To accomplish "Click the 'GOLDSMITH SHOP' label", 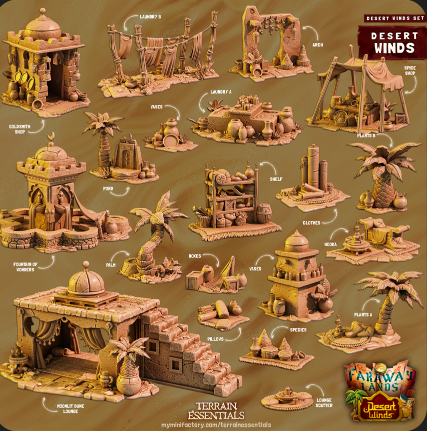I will [x=19, y=129].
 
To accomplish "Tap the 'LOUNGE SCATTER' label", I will [x=324, y=402].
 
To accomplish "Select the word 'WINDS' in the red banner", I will [x=395, y=48].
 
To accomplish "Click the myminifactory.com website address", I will [x=216, y=424].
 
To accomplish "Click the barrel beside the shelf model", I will [x=264, y=213].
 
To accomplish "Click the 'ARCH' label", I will [x=318, y=44].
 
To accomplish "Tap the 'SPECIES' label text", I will [x=298, y=330].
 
